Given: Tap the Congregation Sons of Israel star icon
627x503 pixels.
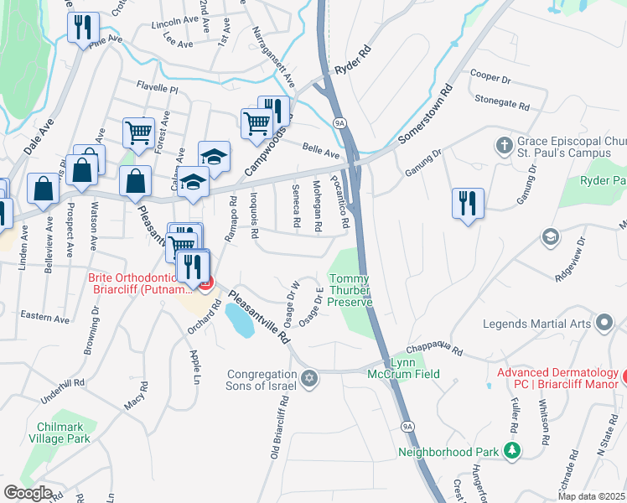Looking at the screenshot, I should pyautogui.click(x=309, y=379).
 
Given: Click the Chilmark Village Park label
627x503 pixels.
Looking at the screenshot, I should pyautogui.click(x=59, y=433).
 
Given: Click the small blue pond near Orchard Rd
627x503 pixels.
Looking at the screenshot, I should pyautogui.click(x=239, y=320).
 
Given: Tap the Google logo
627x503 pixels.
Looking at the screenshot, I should pyautogui.click(x=28, y=493).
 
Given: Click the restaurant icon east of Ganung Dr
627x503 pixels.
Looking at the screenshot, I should pyautogui.click(x=466, y=202).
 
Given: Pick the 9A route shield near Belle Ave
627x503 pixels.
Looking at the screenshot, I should pyautogui.click(x=339, y=122).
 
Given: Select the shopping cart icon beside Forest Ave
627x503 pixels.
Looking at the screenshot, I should pyautogui.click(x=138, y=131).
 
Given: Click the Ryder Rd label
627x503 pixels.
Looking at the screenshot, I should pyautogui.click(x=351, y=62).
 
